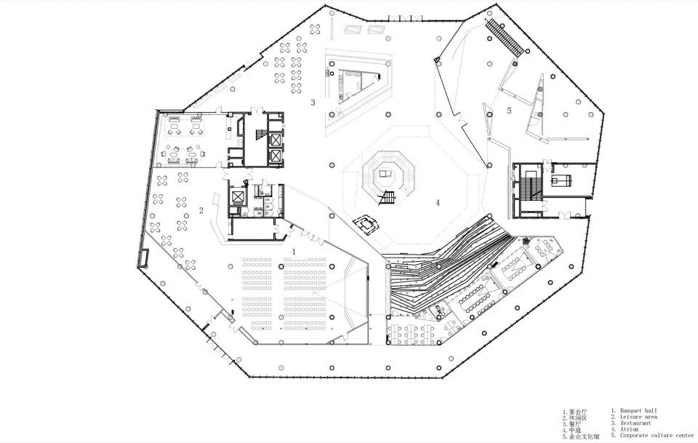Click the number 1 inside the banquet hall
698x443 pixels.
[x=293, y=252]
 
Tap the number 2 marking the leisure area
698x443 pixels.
[x=201, y=211]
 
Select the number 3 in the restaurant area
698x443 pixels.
[x=313, y=103]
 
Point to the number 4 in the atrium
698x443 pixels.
[x=438, y=203]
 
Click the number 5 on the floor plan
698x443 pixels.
[x=509, y=111]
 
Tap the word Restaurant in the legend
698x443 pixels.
[x=635, y=423]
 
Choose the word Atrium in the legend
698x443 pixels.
[x=629, y=430]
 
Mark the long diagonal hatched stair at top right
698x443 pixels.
[x=504, y=37]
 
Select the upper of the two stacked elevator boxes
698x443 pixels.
[x=276, y=140]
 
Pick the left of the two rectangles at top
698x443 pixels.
[x=353, y=29]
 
